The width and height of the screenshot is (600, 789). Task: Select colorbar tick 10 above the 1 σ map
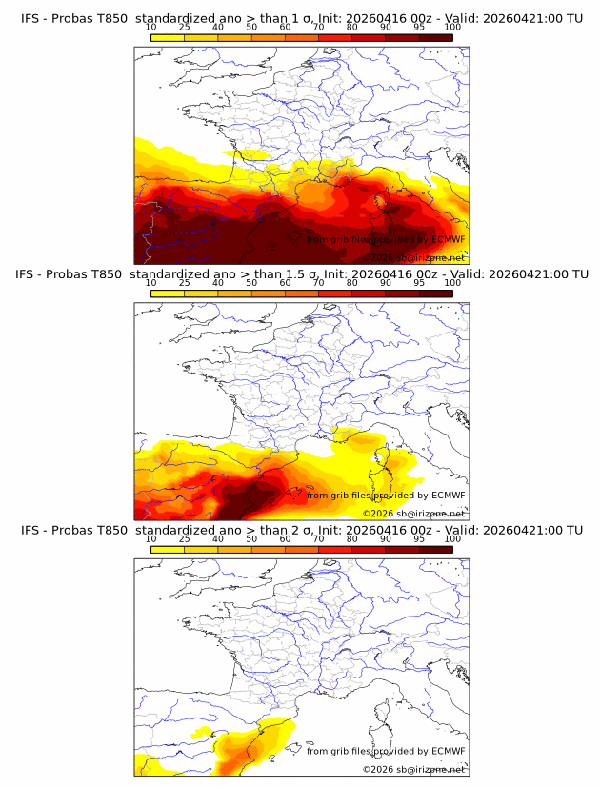(x=151, y=28)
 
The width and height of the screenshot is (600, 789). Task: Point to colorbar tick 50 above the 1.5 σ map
(x=251, y=283)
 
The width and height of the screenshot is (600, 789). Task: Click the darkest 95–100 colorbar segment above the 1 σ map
(x=435, y=37)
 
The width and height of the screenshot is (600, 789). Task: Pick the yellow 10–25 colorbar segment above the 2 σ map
(x=168, y=549)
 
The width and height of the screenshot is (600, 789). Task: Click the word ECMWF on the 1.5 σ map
(x=448, y=496)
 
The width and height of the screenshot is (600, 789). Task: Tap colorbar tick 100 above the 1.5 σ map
(x=452, y=283)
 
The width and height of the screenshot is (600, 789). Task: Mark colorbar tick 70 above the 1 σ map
(x=318, y=28)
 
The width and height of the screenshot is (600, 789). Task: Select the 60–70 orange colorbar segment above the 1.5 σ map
(x=302, y=293)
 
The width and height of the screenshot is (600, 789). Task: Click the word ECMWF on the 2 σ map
(x=448, y=751)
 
